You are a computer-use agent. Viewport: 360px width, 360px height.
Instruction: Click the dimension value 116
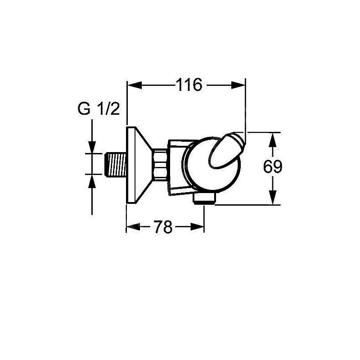(x=189, y=85)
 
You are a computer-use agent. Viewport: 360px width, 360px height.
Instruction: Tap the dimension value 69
(x=273, y=167)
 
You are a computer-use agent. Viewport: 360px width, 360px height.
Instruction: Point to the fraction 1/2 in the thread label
(x=108, y=109)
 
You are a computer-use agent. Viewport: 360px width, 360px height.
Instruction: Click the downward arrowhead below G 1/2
(x=92, y=147)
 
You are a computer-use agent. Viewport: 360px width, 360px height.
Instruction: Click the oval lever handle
(x=225, y=151)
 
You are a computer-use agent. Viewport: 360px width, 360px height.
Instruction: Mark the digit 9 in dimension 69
(x=278, y=167)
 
